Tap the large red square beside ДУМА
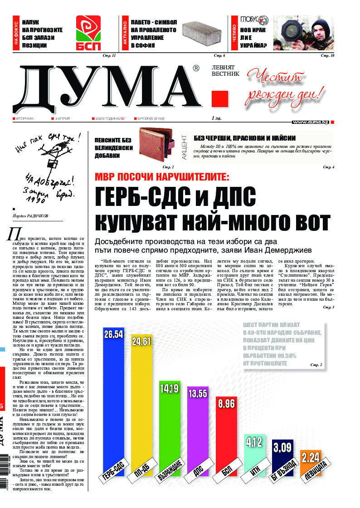point(220,99)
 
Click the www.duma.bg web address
point(311,122)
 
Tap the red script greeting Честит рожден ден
point(286,86)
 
